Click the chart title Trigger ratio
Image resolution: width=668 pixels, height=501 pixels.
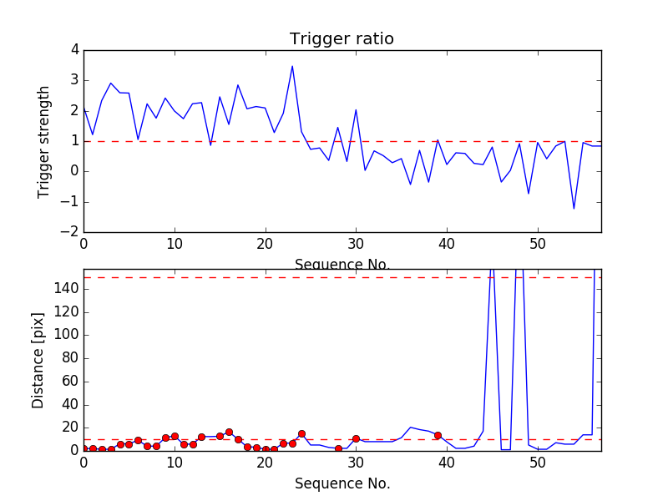pos(342,39)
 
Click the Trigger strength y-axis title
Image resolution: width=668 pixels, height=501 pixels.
pos(44,141)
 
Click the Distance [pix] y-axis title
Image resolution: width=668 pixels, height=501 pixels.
pos(38,360)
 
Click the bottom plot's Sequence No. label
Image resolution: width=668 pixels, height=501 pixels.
pos(342,483)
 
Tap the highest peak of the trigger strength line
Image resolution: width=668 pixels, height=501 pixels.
pos(292,66)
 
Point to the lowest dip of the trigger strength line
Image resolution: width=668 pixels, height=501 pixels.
pos(574,209)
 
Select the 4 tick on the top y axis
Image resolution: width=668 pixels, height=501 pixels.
pos(74,50)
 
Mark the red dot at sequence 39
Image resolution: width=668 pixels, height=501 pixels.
pos(438,435)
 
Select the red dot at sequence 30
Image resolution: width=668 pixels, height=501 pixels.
pos(356,438)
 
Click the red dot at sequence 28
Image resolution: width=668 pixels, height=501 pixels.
pos(338,448)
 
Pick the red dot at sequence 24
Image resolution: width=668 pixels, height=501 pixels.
pos(301,433)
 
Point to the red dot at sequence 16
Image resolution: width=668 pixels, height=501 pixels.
pos(229,432)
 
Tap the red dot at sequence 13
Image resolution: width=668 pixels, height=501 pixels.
pos(201,437)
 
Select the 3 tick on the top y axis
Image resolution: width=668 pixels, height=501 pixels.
pos(74,80)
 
